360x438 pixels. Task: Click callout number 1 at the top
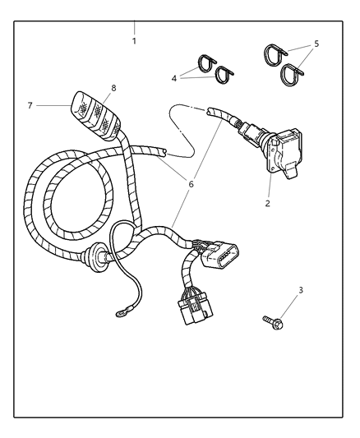134,40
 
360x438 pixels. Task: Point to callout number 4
175,79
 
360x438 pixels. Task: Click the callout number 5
316,44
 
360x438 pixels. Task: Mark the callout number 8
114,88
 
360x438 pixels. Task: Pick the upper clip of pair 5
275,54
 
